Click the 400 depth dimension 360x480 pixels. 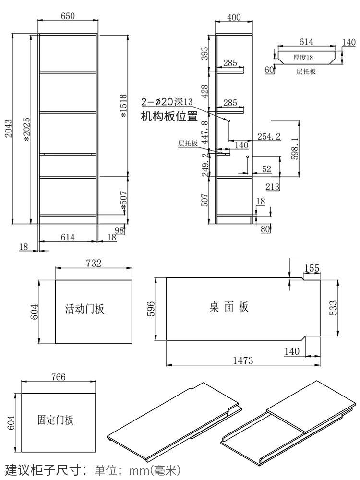click(x=234, y=18)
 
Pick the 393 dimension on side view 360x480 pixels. click(x=205, y=54)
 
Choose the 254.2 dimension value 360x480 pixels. click(x=269, y=136)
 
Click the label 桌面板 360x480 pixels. click(x=229, y=307)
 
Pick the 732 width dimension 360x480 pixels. click(x=94, y=264)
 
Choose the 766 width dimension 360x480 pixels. click(x=58, y=377)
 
